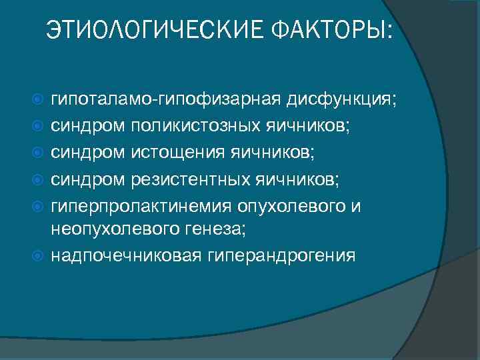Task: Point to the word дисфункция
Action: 341,101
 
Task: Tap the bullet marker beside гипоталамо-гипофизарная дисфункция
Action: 38,100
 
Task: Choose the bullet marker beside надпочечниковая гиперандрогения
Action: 38,255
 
